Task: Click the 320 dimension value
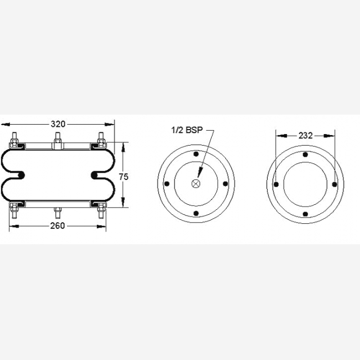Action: point(58,124)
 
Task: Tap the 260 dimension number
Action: point(58,226)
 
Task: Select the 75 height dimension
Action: point(124,177)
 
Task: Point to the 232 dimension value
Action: point(305,136)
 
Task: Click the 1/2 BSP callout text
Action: point(187,130)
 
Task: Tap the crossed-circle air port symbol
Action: point(196,183)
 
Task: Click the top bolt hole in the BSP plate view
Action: point(196,154)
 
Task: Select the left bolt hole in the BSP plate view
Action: point(167,184)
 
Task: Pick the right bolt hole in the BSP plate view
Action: point(225,184)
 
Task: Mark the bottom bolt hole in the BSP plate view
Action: point(196,214)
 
